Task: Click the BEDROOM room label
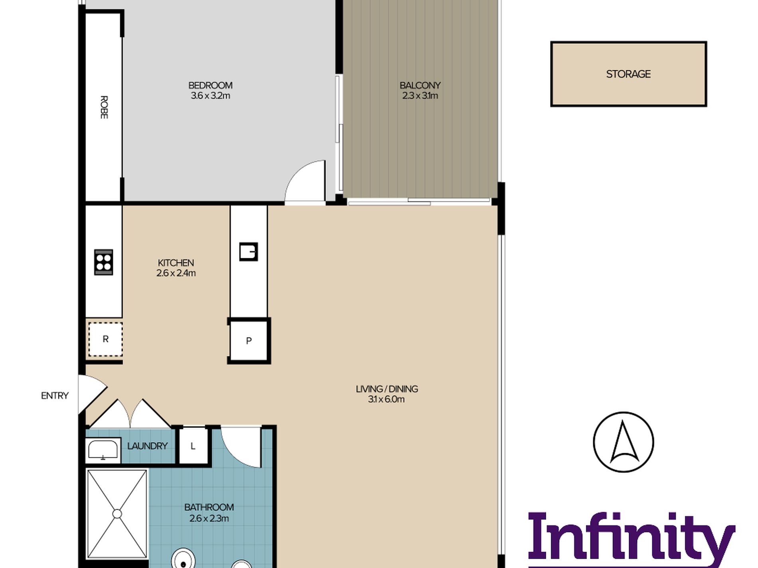coord(210,85)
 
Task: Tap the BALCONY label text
coord(420,85)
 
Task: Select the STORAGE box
coord(628,74)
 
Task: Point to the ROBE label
coord(104,107)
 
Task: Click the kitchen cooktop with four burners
coord(104,262)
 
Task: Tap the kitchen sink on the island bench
coord(248,252)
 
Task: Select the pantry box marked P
coord(249,341)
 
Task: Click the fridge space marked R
coord(105,339)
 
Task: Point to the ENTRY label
coord(55,395)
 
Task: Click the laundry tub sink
coord(103,450)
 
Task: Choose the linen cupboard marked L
coord(193,446)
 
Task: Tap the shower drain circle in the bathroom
coord(117,514)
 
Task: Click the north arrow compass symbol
coord(624,442)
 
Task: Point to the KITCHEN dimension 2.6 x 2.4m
coord(176,273)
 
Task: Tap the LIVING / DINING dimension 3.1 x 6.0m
coord(386,399)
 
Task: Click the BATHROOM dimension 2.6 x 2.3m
coord(209,518)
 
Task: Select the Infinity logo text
coord(631,538)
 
